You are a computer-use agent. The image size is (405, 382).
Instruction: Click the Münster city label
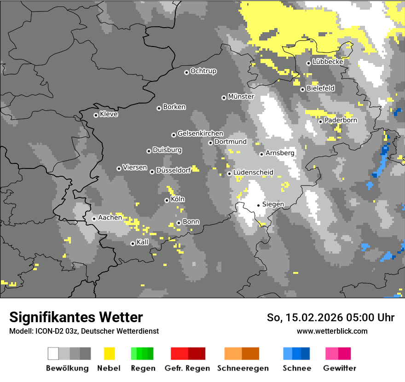[x=241, y=97]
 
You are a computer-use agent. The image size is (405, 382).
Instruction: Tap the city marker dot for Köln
[x=167, y=200]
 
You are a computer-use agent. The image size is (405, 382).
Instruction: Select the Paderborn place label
[x=341, y=120]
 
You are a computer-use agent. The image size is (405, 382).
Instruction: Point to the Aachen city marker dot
[x=94, y=219]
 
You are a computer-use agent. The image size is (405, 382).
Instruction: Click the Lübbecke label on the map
[x=328, y=62]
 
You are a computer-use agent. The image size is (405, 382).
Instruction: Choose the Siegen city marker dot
[x=258, y=205]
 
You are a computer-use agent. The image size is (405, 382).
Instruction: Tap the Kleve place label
[x=109, y=114]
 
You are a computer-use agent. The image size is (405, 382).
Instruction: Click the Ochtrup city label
[x=203, y=71]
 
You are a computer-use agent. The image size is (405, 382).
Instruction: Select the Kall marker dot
[x=133, y=243]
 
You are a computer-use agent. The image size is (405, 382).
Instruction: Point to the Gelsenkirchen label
[x=200, y=133]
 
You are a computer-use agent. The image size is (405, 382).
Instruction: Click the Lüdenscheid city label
[x=253, y=173]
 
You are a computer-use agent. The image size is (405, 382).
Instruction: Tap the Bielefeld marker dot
[x=302, y=89]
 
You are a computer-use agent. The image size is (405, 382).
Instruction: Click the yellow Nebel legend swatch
[x=110, y=353]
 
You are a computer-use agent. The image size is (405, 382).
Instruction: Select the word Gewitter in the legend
[x=340, y=368]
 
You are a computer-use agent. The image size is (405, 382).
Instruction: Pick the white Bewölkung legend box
[x=53, y=353]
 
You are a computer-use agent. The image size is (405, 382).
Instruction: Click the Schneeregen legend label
[x=243, y=368]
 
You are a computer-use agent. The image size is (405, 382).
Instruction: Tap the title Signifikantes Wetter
[x=76, y=317]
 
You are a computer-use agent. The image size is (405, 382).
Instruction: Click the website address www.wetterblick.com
[x=332, y=331]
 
